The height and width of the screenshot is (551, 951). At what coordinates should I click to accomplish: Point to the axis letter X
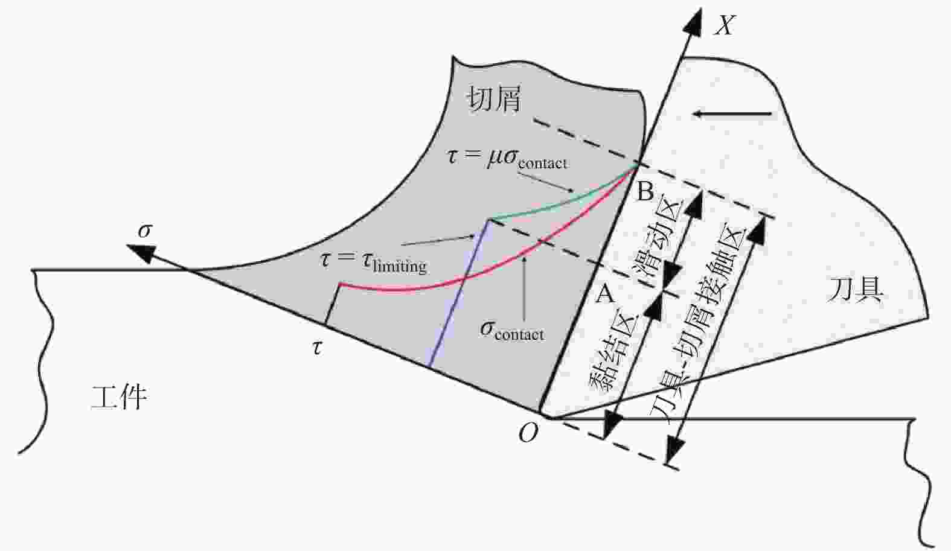click(x=724, y=25)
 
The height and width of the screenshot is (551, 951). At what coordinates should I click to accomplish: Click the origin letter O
click(x=528, y=432)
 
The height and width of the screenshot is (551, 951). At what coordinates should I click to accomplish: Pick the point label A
click(x=605, y=294)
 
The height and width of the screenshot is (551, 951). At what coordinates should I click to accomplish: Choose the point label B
click(x=645, y=192)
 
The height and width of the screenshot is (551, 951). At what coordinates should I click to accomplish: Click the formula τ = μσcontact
click(x=507, y=158)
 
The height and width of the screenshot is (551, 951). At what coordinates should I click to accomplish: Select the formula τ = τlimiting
click(x=373, y=261)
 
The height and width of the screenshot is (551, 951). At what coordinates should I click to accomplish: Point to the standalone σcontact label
click(x=512, y=330)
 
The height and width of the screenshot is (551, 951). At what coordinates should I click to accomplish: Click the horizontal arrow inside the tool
click(x=732, y=113)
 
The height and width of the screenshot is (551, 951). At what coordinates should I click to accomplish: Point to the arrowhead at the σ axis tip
click(x=138, y=251)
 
